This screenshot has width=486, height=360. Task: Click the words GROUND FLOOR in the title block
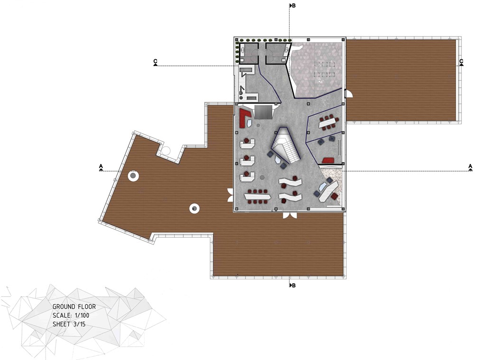(74, 307)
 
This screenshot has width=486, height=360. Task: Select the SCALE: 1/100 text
(71, 316)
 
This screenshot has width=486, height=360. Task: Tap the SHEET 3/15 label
(69, 324)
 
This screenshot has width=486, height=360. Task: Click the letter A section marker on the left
(101, 167)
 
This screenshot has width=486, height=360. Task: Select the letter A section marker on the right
(470, 167)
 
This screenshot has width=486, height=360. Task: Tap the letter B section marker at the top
(293, 6)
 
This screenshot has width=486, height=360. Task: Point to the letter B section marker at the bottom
(293, 286)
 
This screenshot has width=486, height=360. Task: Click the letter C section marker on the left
(155, 62)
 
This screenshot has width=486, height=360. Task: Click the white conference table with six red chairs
(329, 122)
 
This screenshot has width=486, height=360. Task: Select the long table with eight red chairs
(258, 196)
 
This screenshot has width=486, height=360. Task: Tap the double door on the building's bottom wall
(290, 215)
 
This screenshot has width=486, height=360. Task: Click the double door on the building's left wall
(230, 195)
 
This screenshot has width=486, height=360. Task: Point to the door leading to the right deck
(348, 93)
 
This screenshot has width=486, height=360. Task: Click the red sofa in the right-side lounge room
(327, 160)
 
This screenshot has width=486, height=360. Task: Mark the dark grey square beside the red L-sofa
(263, 112)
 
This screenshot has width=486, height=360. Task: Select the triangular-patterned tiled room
(316, 69)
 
